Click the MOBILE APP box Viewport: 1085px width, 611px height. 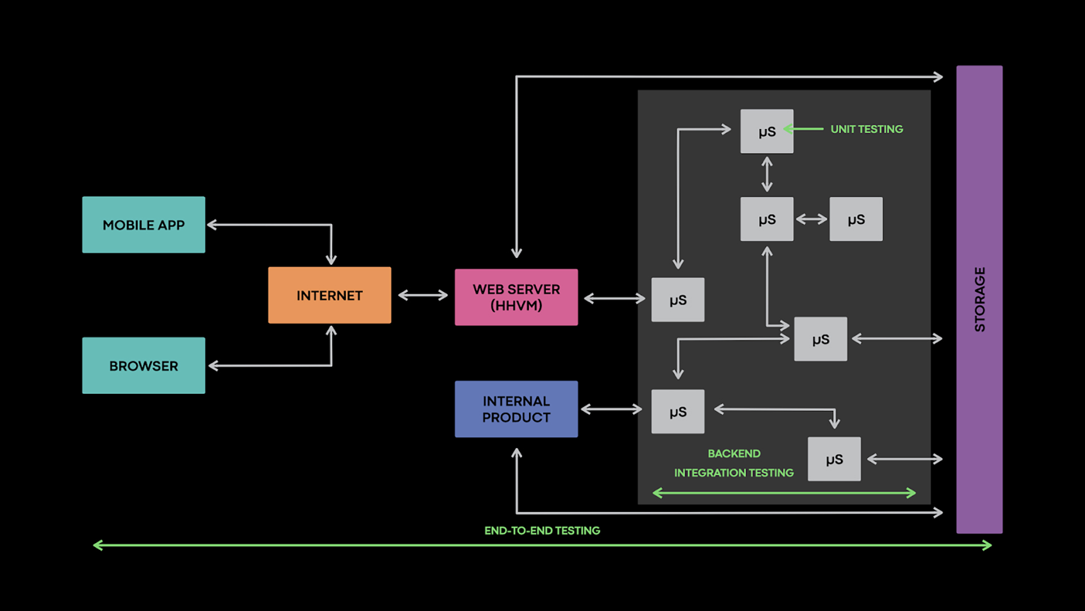click(x=144, y=225)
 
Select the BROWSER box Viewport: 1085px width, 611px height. click(x=144, y=365)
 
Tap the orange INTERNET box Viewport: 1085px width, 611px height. click(x=329, y=295)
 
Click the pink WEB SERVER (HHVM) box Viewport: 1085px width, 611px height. click(x=516, y=297)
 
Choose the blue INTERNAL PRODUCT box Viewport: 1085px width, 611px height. click(x=516, y=409)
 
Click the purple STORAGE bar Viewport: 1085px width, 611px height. click(x=979, y=299)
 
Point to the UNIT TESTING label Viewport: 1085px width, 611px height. click(x=866, y=129)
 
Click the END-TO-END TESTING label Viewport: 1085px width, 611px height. click(x=542, y=531)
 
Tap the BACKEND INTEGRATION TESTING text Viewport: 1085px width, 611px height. click(x=734, y=463)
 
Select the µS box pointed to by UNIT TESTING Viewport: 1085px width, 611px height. click(x=767, y=131)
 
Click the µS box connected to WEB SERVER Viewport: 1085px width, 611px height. click(x=678, y=300)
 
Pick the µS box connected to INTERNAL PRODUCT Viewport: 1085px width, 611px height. click(x=678, y=412)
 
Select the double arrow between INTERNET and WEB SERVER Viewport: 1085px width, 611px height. click(x=423, y=295)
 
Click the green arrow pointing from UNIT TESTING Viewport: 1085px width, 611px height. click(x=804, y=129)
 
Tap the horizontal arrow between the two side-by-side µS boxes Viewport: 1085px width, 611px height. click(x=811, y=219)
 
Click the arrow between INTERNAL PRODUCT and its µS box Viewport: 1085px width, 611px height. click(x=611, y=409)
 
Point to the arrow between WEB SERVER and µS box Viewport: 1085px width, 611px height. click(x=614, y=298)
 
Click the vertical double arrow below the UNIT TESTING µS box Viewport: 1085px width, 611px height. click(x=767, y=174)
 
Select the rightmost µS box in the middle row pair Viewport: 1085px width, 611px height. click(x=856, y=219)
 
